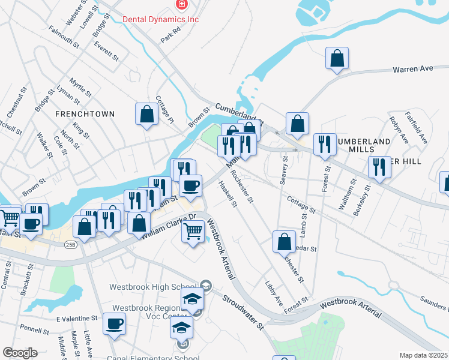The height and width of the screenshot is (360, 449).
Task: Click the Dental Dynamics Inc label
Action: click(160, 19)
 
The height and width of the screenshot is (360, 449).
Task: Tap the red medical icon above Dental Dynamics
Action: click(181, 5)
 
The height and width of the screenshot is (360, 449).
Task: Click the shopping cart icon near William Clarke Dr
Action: click(193, 230)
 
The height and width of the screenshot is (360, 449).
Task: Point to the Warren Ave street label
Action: click(413, 70)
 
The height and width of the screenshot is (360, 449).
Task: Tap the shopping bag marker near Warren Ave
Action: click(338, 58)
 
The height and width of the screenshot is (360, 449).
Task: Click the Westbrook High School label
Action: click(154, 286)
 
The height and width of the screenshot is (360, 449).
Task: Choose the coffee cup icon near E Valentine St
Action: click(114, 323)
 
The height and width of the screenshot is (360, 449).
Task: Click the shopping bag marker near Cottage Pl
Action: click(146, 113)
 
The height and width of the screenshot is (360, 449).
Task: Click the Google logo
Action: click(20, 353)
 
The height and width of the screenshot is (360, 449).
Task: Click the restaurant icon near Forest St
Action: click(324, 144)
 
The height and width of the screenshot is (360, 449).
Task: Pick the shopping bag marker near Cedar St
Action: click(284, 241)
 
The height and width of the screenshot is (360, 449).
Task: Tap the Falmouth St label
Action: click(64, 37)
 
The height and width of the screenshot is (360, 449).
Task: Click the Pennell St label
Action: click(34, 330)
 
